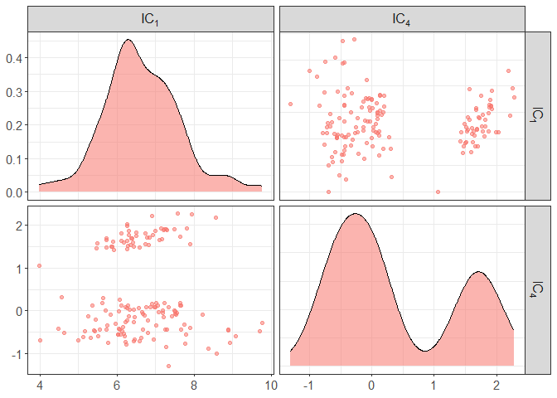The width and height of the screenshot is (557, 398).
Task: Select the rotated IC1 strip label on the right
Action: tap(538, 115)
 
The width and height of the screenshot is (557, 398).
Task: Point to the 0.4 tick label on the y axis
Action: tap(15, 58)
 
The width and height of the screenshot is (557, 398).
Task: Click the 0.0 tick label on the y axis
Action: tap(15, 192)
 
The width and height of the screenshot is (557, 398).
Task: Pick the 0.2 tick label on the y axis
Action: tap(15, 125)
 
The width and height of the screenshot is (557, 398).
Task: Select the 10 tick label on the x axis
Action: tap(270, 386)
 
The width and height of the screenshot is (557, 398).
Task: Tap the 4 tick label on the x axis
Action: tap(40, 386)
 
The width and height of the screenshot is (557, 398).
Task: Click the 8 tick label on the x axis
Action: tap(194, 386)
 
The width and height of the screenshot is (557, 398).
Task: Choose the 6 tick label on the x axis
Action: tap(117, 386)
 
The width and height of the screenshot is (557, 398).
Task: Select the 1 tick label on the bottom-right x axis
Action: tap(433, 386)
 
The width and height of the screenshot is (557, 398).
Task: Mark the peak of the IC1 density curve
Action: tap(128, 40)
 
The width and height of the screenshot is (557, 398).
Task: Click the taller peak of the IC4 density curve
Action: tap(355, 214)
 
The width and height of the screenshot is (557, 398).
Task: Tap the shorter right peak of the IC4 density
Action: tap(478, 272)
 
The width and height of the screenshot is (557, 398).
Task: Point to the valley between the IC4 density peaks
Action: tap(424, 351)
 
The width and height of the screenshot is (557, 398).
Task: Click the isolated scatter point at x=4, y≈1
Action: tap(40, 266)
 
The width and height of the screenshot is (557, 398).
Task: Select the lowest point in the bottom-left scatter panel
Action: tap(168, 366)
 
